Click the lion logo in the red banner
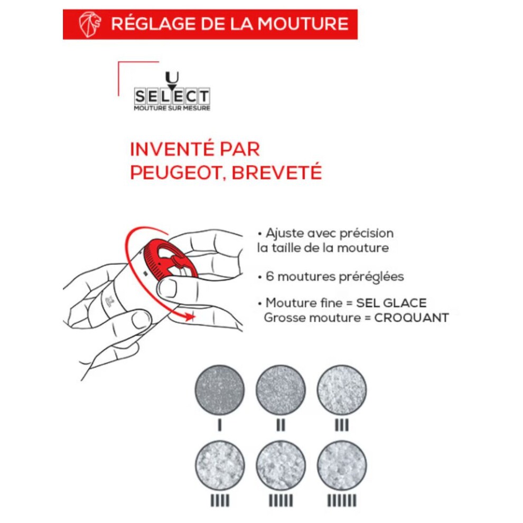click(x=89, y=24)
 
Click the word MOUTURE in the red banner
click(x=303, y=24)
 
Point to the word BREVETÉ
click(x=276, y=172)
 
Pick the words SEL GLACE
click(x=391, y=303)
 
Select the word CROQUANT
click(x=412, y=317)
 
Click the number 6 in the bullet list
click(x=269, y=276)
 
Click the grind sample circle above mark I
click(x=220, y=390)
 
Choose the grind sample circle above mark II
click(x=281, y=390)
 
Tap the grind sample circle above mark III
click(x=342, y=390)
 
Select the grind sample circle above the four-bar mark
click(x=220, y=465)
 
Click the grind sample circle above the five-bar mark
click(x=281, y=465)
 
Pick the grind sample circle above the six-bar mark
click(x=342, y=465)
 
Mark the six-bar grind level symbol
click(x=342, y=501)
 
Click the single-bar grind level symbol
click(x=219, y=425)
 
